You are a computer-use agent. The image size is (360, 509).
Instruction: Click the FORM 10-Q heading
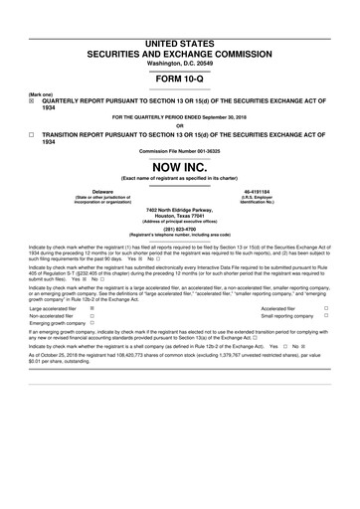point(180,78)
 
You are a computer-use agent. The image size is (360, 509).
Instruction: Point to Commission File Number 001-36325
point(180,151)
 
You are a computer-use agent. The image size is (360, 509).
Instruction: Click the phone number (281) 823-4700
point(180,227)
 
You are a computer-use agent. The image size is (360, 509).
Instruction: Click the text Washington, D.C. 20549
point(180,36)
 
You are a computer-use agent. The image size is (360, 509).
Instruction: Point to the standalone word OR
point(180,125)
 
